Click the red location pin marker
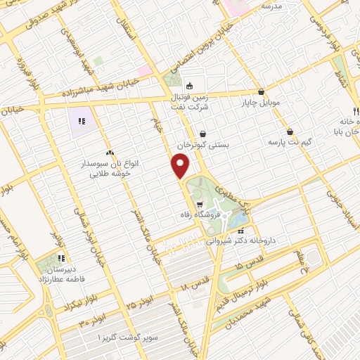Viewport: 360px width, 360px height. click(181, 166)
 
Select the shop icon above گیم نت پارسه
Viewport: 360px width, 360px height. click(290, 131)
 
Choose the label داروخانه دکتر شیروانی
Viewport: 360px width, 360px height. click(243, 240)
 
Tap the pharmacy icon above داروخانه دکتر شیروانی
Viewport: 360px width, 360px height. click(242, 230)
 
